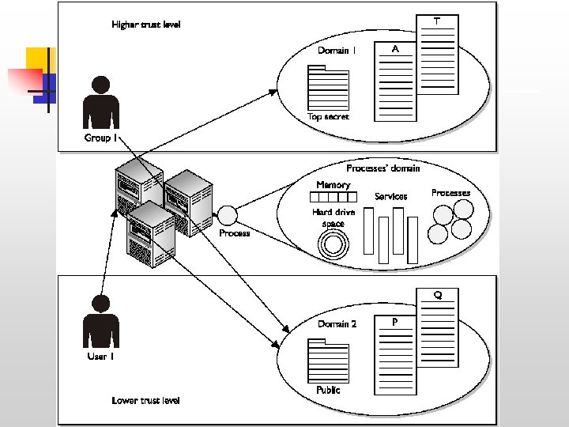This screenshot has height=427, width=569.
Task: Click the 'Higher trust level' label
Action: pyautogui.click(x=146, y=25)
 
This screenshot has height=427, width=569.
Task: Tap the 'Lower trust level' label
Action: pyautogui.click(x=146, y=400)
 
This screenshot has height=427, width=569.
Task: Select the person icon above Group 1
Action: pyautogui.click(x=101, y=103)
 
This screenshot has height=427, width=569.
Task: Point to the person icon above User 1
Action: pyautogui.click(x=101, y=321)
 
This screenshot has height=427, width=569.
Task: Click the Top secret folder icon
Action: pyautogui.click(x=327, y=88)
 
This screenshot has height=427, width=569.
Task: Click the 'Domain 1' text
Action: pyautogui.click(x=337, y=51)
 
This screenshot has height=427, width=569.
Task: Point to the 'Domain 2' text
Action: pyautogui.click(x=337, y=324)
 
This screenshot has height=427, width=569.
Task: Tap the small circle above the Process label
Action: pyautogui.click(x=228, y=215)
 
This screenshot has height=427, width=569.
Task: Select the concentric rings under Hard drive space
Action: pyautogui.click(x=333, y=244)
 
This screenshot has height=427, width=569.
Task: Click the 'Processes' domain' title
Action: pyautogui.click(x=383, y=168)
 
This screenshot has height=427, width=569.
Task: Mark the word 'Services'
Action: pyautogui.click(x=390, y=196)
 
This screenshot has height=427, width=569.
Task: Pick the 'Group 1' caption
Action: pyautogui.click(x=101, y=138)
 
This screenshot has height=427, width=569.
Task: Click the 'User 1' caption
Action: pyautogui.click(x=101, y=357)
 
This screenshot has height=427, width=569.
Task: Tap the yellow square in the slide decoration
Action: pyautogui.click(x=38, y=59)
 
